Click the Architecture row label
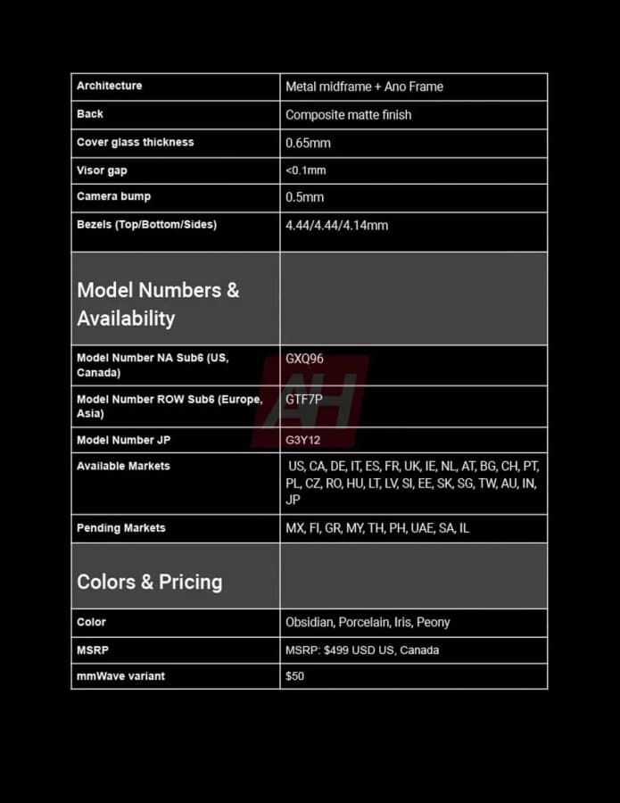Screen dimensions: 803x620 tap(109, 86)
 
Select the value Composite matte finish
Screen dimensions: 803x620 tap(348, 114)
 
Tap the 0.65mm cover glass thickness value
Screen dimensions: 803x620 tap(308, 143)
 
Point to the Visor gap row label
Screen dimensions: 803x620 tap(102, 170)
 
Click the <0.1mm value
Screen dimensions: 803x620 tap(305, 170)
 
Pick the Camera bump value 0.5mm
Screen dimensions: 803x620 tap(304, 197)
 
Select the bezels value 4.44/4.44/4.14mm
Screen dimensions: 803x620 tap(336, 226)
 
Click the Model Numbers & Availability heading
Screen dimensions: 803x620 tap(158, 303)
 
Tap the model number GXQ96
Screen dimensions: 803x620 tap(304, 359)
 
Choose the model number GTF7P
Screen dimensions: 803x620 tap(303, 400)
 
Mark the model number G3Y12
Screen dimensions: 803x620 tap(302, 440)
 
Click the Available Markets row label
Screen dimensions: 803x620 tap(123, 466)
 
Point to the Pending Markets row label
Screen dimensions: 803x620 tap(120, 528)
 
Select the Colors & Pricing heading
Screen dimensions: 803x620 tap(149, 582)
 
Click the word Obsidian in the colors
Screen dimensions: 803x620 tap(309, 622)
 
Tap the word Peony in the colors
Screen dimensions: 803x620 tap(433, 622)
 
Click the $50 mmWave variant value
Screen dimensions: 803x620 tap(294, 676)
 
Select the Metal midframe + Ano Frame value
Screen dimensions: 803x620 tap(364, 87)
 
